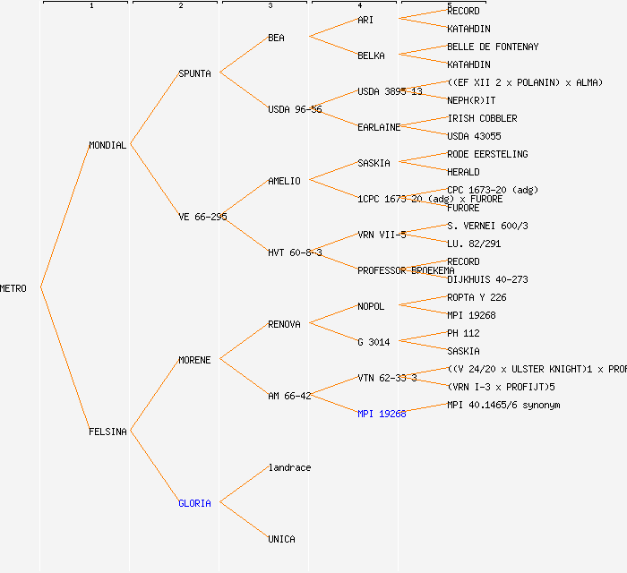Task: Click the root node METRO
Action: click(13, 288)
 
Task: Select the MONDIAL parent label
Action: click(107, 145)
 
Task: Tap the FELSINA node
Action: click(107, 432)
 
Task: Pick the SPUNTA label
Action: click(194, 73)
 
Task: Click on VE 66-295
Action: click(202, 217)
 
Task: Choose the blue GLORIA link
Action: click(194, 503)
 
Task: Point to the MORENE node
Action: click(194, 360)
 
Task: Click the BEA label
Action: click(276, 38)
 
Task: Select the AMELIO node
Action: click(284, 181)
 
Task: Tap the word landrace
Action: click(289, 467)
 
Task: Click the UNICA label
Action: click(281, 539)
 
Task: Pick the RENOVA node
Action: click(284, 324)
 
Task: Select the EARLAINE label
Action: click(379, 127)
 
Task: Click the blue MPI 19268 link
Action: click(382, 414)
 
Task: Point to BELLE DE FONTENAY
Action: click(493, 47)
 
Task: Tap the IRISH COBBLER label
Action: click(482, 118)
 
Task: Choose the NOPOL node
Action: click(371, 306)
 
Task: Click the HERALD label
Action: click(463, 172)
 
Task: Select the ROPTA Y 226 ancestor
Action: click(477, 297)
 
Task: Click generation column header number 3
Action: click(270, 6)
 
